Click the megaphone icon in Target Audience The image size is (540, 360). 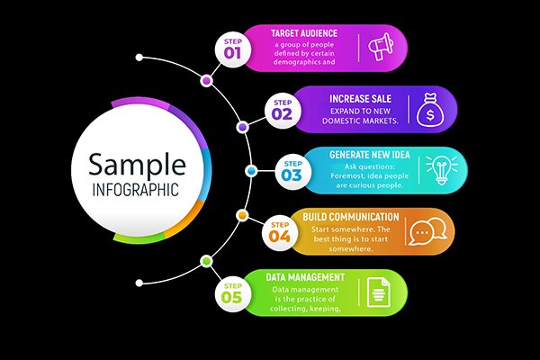click(381, 47)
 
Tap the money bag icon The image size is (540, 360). click(430, 109)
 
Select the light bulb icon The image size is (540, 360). click(442, 170)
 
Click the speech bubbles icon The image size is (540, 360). click(427, 231)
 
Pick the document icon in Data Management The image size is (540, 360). click(379, 292)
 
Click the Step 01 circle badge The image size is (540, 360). click(233, 49)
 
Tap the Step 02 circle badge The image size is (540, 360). click(283, 111)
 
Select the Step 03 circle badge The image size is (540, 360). click(293, 172)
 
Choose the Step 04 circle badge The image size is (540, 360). click(280, 232)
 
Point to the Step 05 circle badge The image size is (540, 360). click(233, 294)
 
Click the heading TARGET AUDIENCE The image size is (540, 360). click(304, 33)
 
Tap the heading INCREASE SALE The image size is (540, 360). click(361, 99)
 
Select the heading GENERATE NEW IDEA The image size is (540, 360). click(370, 155)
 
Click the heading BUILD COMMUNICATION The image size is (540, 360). click(351, 217)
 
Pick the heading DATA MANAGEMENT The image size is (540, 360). click(305, 277)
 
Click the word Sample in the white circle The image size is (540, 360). click(137, 164)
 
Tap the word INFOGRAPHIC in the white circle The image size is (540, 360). click(136, 190)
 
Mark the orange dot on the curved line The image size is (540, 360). click(242, 216)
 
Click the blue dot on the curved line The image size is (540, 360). click(251, 170)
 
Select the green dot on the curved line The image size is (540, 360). click(206, 262)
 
